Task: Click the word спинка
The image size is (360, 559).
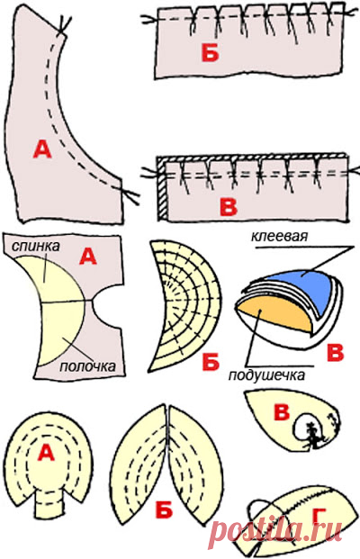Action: [36, 247]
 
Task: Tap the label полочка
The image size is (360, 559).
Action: [87, 365]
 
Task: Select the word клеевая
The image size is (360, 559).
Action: [279, 236]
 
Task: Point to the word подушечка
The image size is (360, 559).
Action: [266, 375]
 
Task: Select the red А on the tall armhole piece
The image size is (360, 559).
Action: [42, 149]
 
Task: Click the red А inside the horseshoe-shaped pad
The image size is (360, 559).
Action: [46, 453]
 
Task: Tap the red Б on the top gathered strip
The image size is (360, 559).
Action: [210, 53]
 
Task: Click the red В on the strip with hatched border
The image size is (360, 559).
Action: [228, 207]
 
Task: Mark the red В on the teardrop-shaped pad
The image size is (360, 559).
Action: [282, 413]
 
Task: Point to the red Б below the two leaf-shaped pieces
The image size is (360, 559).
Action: [164, 511]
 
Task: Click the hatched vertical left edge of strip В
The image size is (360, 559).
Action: [163, 188]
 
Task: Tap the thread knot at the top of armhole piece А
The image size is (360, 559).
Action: [63, 27]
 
